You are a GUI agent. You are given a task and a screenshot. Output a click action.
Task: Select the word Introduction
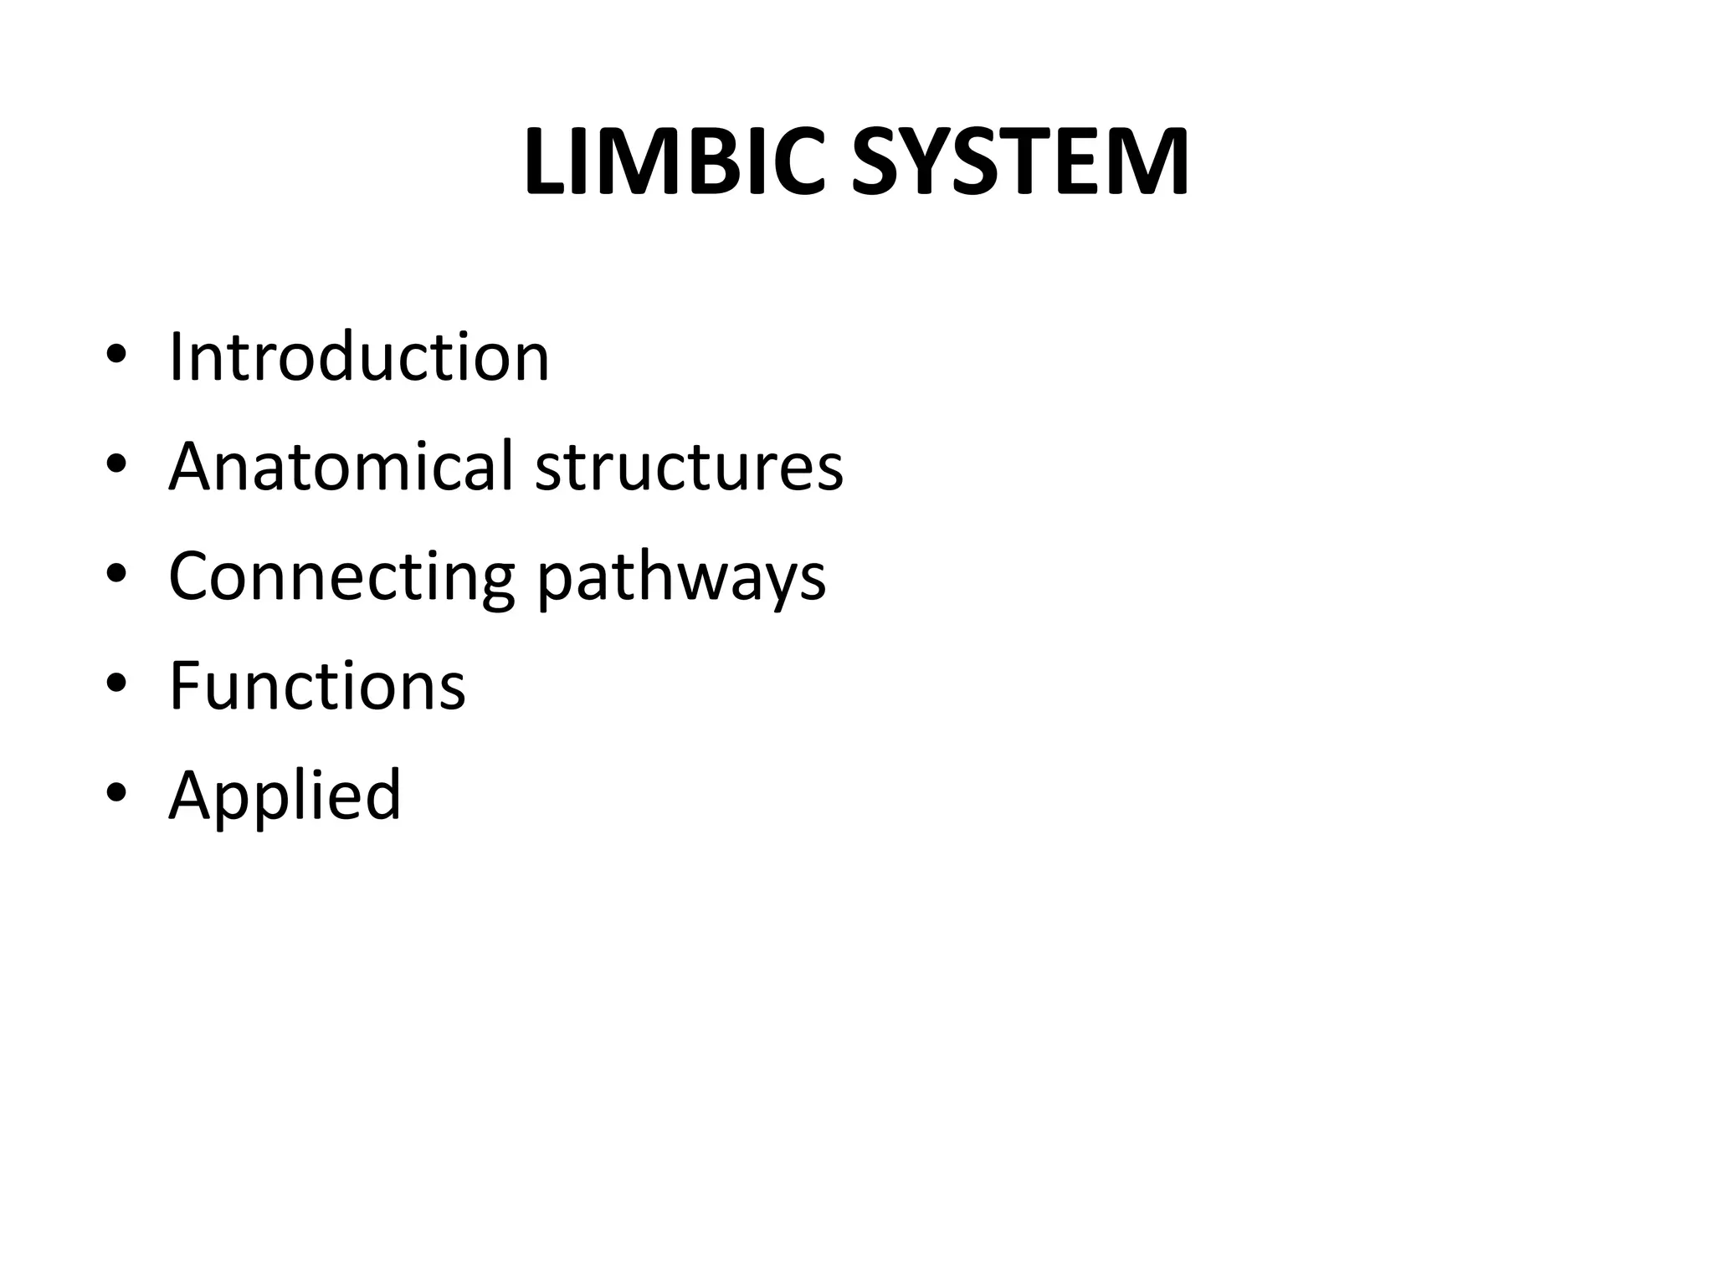359,357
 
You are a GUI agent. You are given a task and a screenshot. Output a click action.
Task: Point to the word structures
689,466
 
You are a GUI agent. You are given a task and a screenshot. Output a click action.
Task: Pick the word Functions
317,685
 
